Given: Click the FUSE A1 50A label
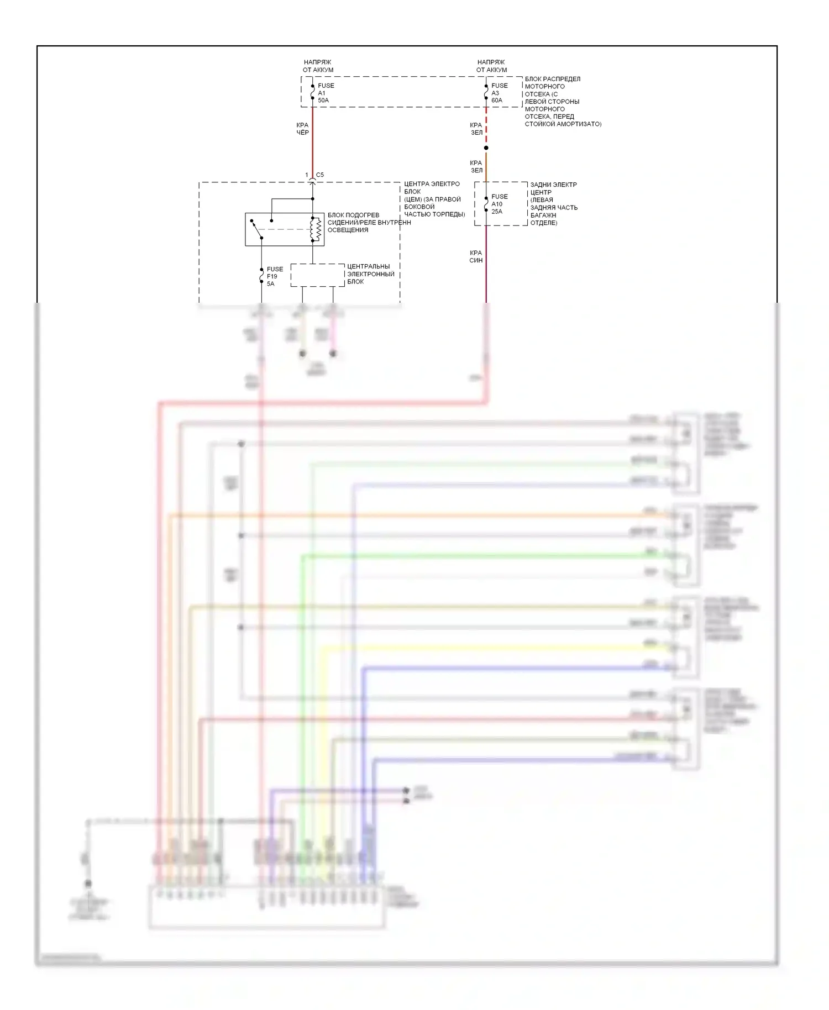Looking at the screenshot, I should (325, 93).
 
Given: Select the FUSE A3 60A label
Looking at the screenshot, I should (499, 93).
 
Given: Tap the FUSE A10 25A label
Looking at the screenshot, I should (499, 204).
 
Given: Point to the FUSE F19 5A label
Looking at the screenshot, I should (274, 276).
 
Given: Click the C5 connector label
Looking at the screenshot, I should (319, 175).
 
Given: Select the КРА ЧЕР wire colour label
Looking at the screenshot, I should (302, 129).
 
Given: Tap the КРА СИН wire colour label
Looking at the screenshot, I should (476, 256).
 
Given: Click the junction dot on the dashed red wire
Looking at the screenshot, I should (486, 148).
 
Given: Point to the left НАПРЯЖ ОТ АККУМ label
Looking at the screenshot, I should (318, 66).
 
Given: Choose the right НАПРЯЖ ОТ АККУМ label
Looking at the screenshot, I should (491, 66).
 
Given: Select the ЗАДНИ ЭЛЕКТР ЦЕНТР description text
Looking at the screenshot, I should (553, 204).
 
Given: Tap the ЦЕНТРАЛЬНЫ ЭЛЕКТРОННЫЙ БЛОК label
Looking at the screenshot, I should (370, 274).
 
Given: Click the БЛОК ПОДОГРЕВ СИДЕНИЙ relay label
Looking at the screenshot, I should (368, 223).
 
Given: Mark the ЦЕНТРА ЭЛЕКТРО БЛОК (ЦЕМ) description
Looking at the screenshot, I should (434, 199).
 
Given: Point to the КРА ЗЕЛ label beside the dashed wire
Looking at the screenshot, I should (476, 129).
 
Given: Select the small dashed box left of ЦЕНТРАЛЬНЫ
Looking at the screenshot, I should (317, 275).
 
